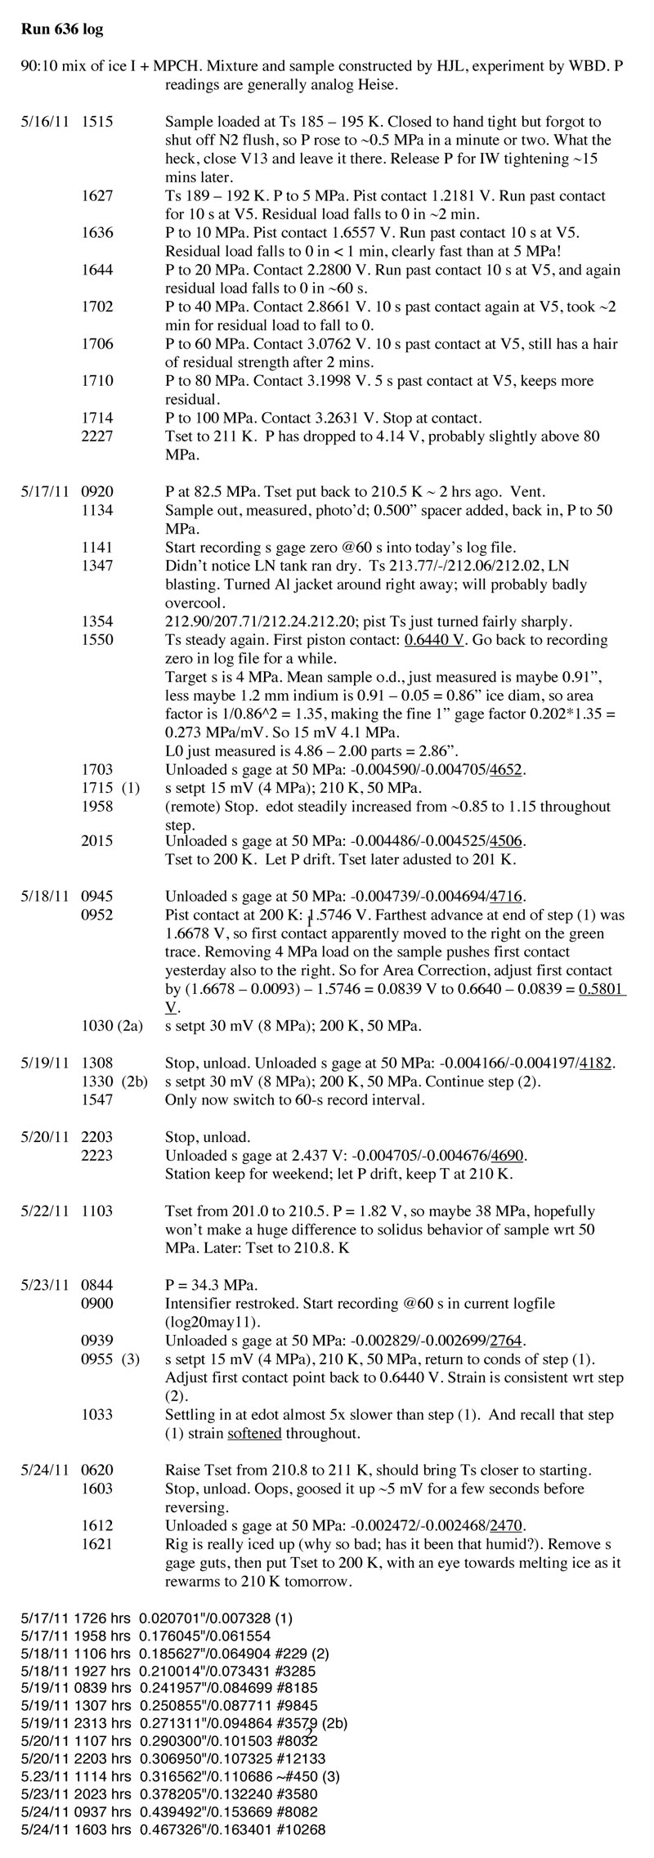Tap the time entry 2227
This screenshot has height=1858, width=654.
pos(97,437)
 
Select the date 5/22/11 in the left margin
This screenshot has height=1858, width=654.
pos(43,1211)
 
